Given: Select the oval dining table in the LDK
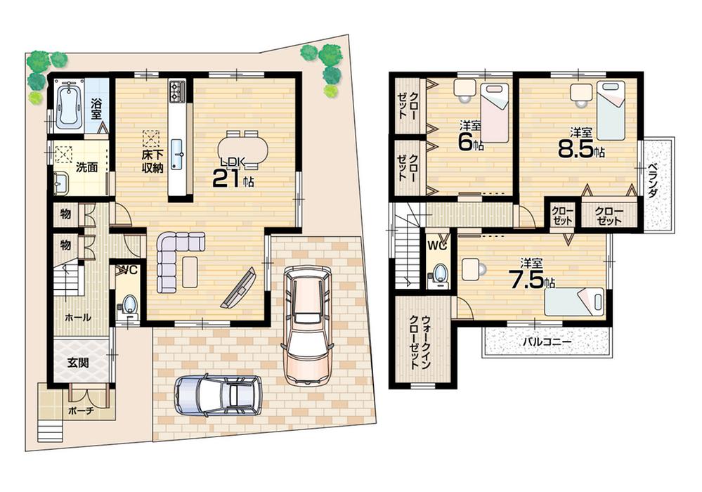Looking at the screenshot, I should click(243, 149).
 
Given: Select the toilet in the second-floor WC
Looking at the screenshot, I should click(438, 274).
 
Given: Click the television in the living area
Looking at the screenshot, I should click(239, 289).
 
